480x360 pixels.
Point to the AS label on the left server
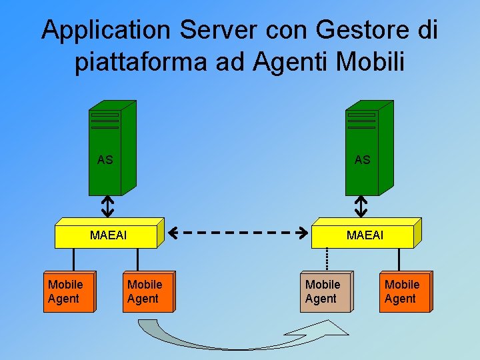coord(105,160)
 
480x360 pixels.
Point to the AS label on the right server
coord(362,160)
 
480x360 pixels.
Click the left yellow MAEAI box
coord(108,235)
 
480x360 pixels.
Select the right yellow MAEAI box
coord(365,235)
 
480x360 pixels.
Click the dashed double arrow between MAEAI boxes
coord(237,233)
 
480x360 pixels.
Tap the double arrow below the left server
coord(107,206)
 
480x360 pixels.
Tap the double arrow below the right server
coord(361,206)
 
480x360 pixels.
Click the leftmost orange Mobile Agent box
coord(67,292)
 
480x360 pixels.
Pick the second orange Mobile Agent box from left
coord(147,292)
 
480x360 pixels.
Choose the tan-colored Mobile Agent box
coord(325,292)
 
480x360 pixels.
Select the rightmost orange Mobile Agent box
coord(404,292)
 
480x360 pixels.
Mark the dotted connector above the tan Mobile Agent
coord(327,259)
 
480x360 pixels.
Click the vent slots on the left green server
coord(105,120)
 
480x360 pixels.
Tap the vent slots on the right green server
coord(361,120)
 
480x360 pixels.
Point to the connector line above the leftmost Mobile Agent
coord(73,259)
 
